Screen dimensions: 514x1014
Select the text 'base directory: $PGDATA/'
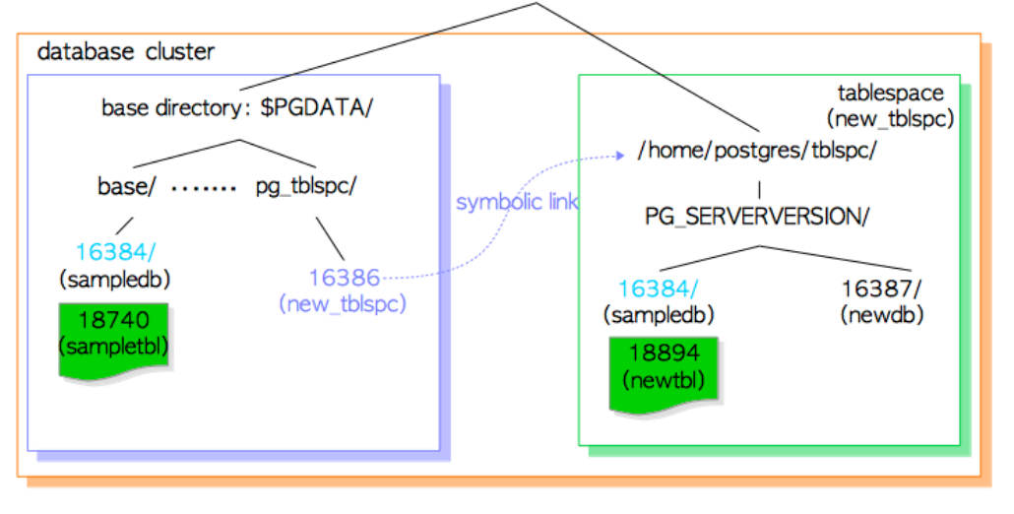[237, 107]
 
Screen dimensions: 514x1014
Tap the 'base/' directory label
[127, 186]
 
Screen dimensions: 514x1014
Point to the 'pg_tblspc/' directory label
[304, 186]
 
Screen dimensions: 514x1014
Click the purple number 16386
[344, 278]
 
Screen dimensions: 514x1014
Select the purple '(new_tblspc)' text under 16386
[343, 303]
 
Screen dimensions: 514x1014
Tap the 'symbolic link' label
[516, 202]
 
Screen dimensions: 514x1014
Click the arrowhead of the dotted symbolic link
[622, 155]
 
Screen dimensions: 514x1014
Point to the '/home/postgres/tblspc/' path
[757, 152]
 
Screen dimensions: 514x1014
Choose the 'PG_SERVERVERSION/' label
[757, 217]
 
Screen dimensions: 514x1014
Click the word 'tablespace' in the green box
[890, 94]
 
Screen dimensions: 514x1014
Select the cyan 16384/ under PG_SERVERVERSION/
[659, 289]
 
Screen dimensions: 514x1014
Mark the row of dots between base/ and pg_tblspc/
[204, 187]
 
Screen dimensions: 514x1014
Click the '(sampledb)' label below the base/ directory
[115, 279]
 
